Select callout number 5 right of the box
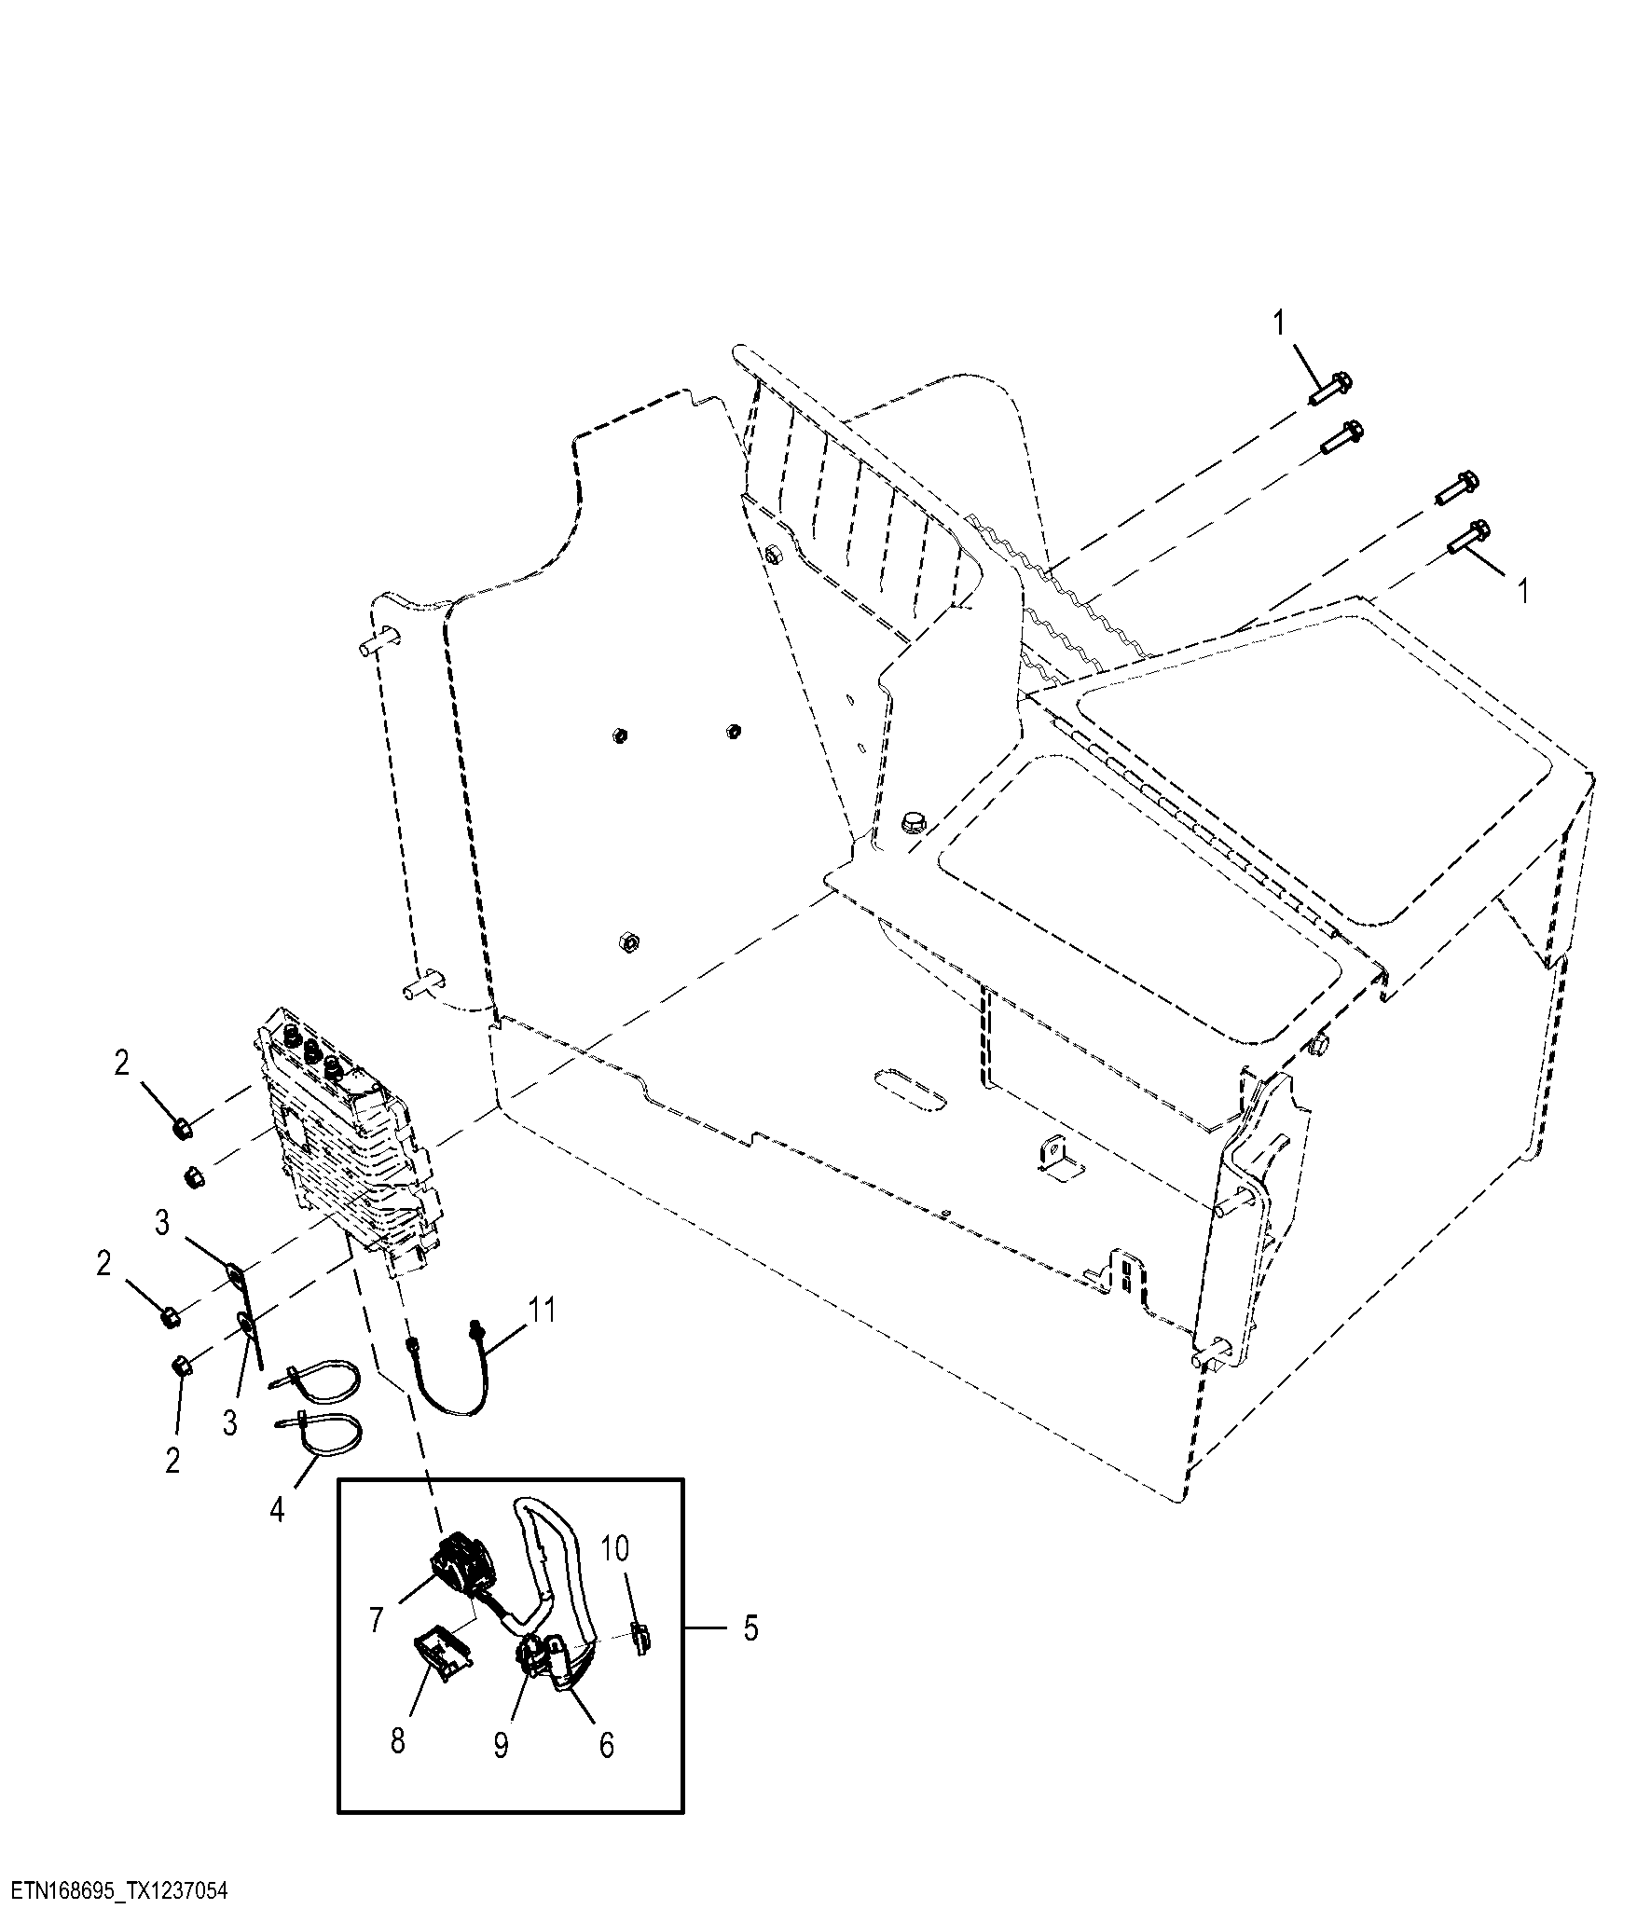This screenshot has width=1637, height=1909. pyautogui.click(x=750, y=1628)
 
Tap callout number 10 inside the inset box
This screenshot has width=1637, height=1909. pyautogui.click(x=614, y=1548)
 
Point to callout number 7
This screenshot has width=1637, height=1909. pyautogui.click(x=377, y=1620)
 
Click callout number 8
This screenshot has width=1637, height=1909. pyautogui.click(x=398, y=1740)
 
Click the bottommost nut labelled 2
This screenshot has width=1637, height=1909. pyautogui.click(x=183, y=1367)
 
